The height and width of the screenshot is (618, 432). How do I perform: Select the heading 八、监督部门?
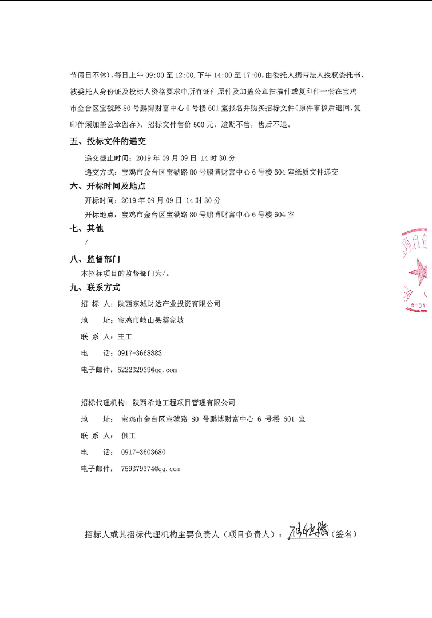tap(95, 259)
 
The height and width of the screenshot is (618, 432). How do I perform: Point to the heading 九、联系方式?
tap(95, 288)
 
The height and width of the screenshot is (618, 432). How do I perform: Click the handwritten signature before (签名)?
tap(308, 532)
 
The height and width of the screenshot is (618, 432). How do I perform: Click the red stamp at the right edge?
tap(417, 270)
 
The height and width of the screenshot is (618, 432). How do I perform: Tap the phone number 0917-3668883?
tap(140, 353)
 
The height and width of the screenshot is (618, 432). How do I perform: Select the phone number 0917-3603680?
tap(143, 452)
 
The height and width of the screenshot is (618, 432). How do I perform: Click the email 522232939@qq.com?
tap(147, 370)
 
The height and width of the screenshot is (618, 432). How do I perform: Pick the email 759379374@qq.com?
tap(150, 469)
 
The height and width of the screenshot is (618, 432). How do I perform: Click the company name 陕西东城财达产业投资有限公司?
tap(169, 304)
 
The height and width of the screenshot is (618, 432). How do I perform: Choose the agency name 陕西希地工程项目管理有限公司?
tap(184, 403)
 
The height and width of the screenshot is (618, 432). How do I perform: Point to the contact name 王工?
tap(125, 337)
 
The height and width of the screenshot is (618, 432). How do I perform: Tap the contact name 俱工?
tap(128, 435)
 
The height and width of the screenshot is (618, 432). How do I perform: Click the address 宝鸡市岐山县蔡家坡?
tap(150, 320)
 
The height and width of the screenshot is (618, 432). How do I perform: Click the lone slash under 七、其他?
tap(86, 243)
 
